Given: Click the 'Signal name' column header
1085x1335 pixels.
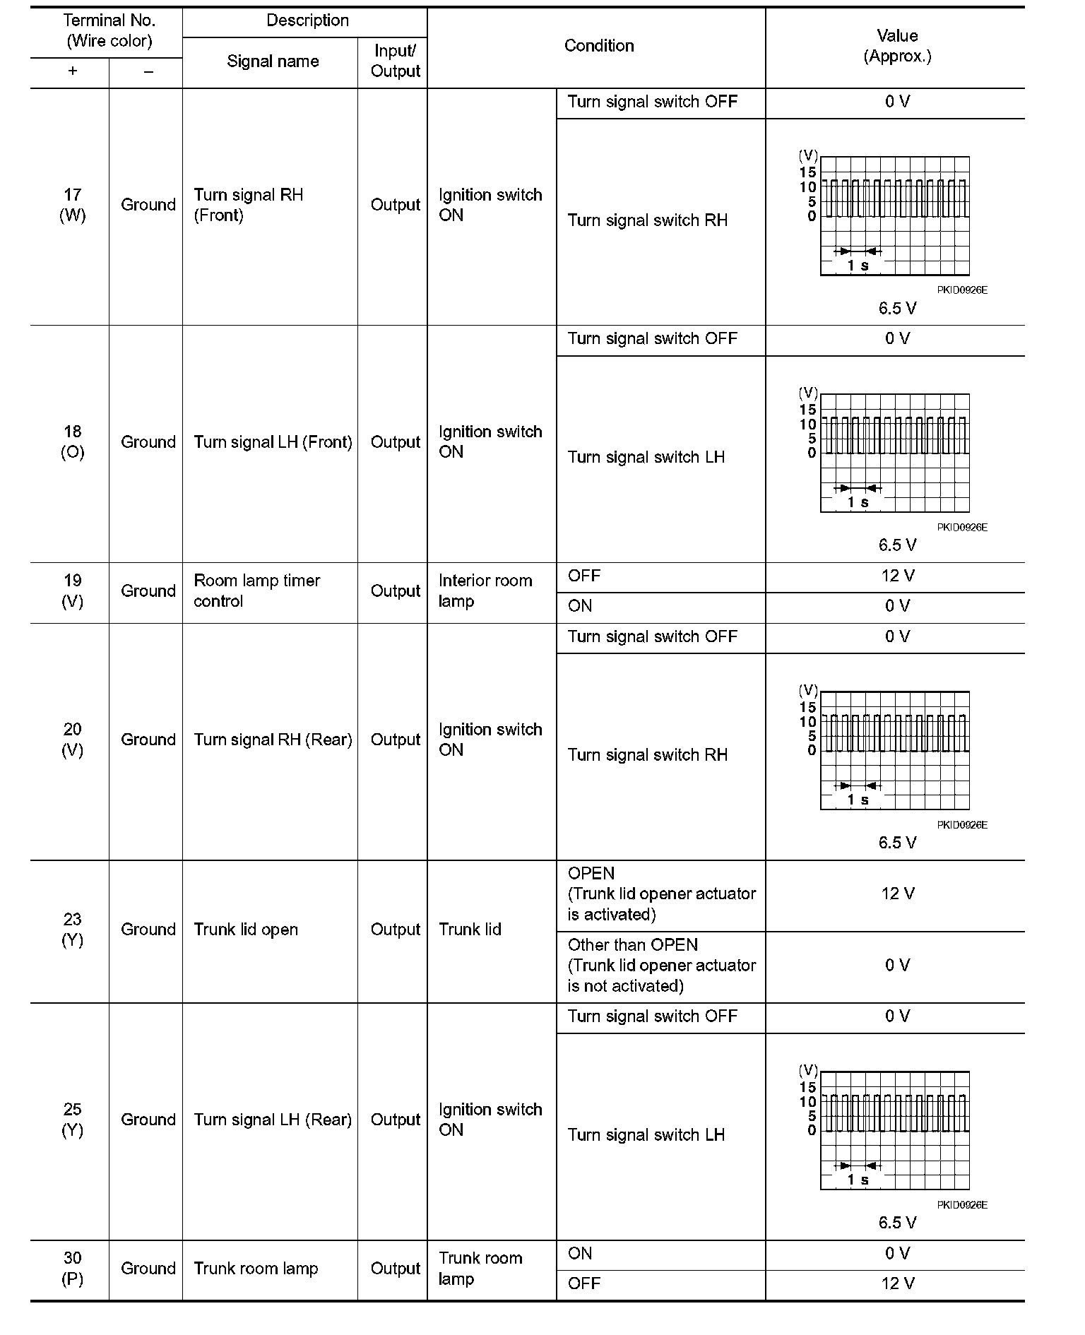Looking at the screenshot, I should click(273, 61).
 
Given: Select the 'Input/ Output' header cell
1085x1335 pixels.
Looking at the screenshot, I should click(395, 61).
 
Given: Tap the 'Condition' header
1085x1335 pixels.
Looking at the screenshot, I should click(599, 46).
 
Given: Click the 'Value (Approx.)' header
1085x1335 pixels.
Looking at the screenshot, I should click(897, 46).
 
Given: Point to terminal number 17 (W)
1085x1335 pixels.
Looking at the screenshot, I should click(72, 205).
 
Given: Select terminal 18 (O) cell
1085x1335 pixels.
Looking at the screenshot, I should click(72, 442).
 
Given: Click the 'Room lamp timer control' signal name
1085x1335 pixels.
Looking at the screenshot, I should click(257, 591).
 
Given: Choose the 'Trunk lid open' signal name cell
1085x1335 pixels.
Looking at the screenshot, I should click(246, 930).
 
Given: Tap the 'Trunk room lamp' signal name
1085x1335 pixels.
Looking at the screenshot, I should click(256, 1269).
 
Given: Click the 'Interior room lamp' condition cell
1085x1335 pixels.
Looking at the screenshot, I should click(485, 591).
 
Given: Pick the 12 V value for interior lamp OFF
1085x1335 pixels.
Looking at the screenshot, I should click(897, 576).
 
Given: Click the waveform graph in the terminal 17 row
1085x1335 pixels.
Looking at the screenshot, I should click(894, 215).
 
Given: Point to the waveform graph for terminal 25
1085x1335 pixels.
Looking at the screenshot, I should click(894, 1130).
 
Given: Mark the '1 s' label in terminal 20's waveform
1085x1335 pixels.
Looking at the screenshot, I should click(858, 800).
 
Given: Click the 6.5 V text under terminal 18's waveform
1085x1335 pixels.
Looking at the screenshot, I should click(897, 545).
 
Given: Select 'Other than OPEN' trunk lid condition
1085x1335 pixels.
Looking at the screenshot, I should click(662, 966).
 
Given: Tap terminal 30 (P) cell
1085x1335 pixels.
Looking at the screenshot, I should click(72, 1269).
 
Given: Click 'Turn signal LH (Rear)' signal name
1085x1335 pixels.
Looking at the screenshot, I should click(273, 1120).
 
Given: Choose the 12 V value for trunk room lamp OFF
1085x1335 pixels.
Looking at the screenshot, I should click(897, 1283).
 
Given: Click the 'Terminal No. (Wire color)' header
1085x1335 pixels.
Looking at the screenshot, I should click(109, 31).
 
